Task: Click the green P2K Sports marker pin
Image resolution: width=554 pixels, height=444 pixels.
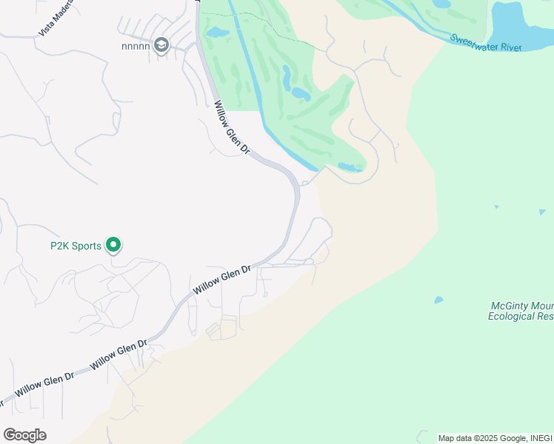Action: tap(113, 244)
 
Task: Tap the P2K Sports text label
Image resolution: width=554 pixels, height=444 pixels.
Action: tap(76, 246)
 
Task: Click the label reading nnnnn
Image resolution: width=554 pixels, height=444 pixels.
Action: tap(136, 46)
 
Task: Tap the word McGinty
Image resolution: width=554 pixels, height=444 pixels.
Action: tap(510, 306)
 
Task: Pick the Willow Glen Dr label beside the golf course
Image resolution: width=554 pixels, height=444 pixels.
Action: tap(232, 127)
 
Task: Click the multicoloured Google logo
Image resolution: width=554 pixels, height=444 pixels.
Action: tap(24, 435)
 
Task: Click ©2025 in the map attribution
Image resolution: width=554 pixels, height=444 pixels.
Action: tap(485, 438)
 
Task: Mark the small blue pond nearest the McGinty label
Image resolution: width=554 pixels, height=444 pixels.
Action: tap(439, 300)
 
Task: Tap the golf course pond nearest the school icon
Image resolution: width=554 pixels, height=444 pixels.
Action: tap(216, 33)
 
